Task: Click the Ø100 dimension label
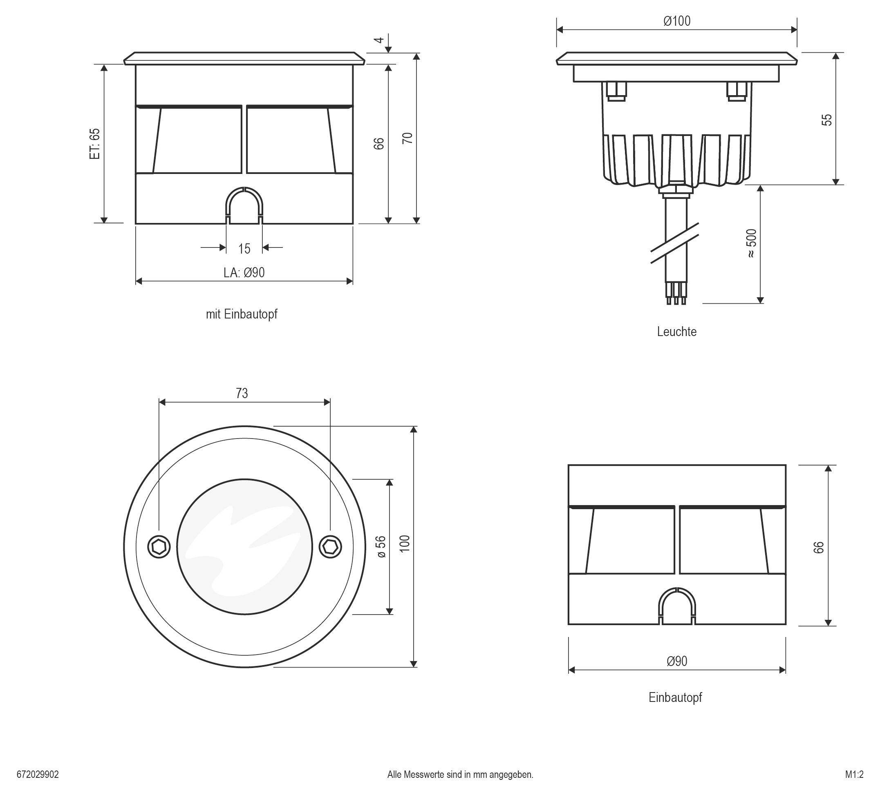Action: pos(676,21)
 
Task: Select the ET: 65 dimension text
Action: pos(95,143)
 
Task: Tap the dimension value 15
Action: pos(244,249)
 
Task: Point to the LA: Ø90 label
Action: pos(244,273)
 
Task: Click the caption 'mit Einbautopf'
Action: pos(242,314)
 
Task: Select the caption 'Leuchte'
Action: pos(676,332)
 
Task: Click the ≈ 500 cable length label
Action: pos(751,243)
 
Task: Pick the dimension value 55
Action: pos(827,120)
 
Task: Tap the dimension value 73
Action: pos(242,393)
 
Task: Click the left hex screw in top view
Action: pos(159,546)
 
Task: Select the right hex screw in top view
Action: pos(330,546)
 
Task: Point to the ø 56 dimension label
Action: pos(381,546)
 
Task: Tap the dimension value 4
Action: pos(379,40)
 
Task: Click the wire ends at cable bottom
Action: pos(676,300)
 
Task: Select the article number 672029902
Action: pos(38,775)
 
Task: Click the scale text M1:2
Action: pos(854,775)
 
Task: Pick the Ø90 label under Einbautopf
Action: pos(676,661)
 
